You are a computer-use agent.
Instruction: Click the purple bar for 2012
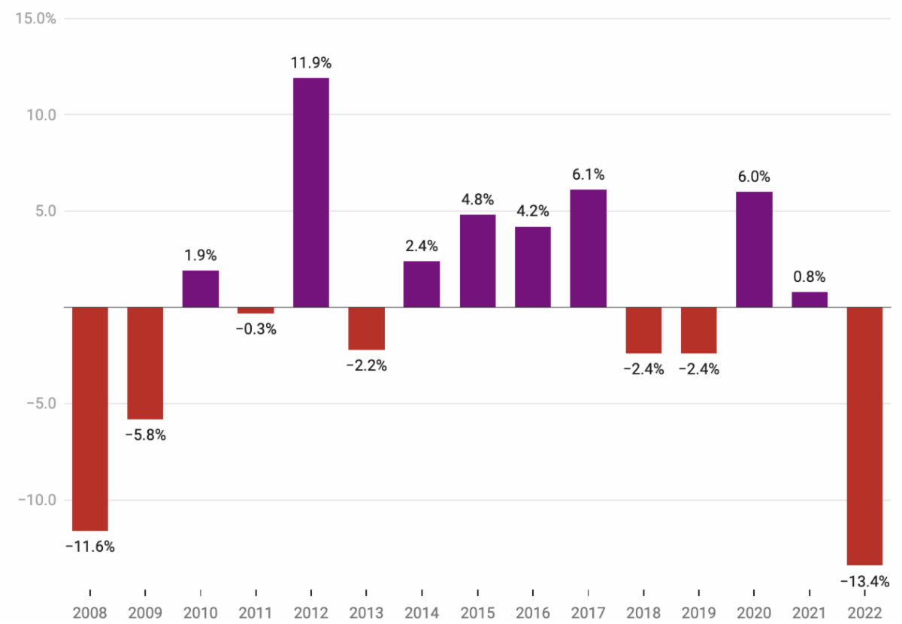point(310,192)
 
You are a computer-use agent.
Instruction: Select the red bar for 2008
point(90,419)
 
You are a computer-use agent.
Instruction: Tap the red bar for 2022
point(864,436)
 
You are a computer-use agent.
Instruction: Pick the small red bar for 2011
point(256,310)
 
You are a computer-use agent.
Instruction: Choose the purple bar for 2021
point(810,299)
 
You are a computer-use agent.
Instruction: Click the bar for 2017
point(588,248)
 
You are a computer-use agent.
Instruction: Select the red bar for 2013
point(366,329)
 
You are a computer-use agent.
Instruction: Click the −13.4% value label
point(865,581)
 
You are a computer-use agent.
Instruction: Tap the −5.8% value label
point(145,435)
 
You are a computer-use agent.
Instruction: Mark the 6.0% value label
point(754,177)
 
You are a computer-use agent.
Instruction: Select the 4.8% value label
point(477,200)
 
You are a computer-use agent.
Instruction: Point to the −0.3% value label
point(256,329)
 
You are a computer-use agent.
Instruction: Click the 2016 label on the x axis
point(532,612)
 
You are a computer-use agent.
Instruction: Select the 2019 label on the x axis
point(698,612)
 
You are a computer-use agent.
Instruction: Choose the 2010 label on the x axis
point(201,612)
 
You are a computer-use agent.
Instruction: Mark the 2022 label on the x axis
point(864,612)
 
